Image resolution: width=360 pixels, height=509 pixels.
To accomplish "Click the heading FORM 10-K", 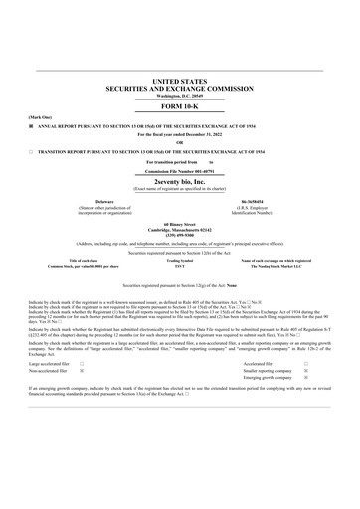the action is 179,104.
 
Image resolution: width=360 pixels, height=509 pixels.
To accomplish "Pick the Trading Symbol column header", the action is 179,260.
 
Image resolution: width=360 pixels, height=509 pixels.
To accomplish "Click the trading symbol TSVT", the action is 179,267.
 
